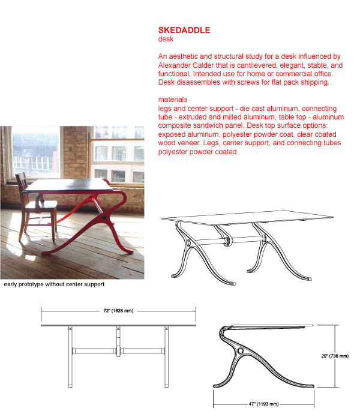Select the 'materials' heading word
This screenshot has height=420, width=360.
point(173,99)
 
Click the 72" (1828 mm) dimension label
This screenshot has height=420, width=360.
point(119,311)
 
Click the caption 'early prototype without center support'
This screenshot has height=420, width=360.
point(54,284)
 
